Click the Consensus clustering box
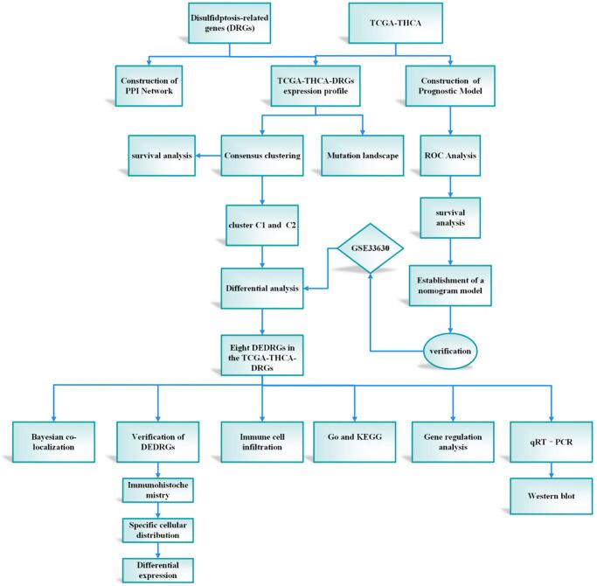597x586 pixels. point(262,156)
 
